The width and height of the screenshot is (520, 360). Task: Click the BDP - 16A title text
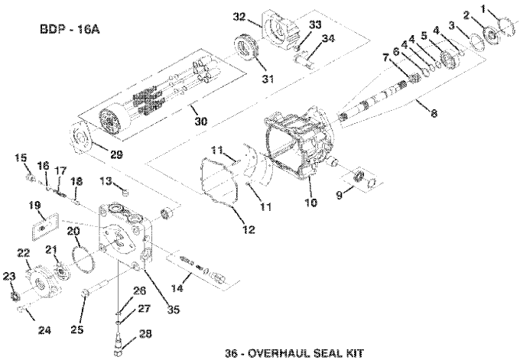(x=70, y=29)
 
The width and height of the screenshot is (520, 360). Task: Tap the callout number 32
(x=239, y=16)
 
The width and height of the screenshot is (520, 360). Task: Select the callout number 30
(x=200, y=121)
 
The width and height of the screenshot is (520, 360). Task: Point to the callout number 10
(x=310, y=202)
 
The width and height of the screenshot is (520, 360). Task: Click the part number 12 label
(x=249, y=229)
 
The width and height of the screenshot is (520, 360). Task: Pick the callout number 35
(x=173, y=310)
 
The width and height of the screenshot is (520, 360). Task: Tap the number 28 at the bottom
(x=145, y=333)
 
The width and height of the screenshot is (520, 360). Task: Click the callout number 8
(x=434, y=113)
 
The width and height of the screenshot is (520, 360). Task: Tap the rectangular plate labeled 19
(x=45, y=227)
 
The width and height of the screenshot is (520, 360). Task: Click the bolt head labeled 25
(x=84, y=293)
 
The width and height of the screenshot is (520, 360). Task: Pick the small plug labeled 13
(x=125, y=192)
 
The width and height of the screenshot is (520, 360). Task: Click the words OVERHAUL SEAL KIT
(x=305, y=352)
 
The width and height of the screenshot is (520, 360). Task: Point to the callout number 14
(x=177, y=288)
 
